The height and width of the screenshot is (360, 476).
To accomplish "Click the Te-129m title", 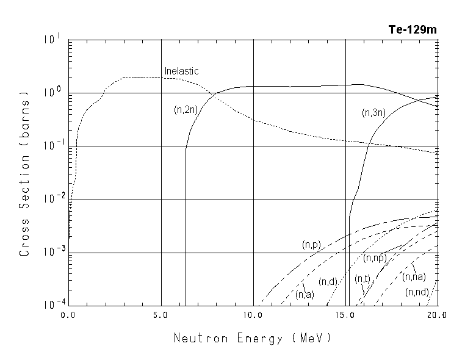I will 413,29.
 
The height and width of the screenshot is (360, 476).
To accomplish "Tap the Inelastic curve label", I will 182,71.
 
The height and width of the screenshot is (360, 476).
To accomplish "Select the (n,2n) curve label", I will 185,110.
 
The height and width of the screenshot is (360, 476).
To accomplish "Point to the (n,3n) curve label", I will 373,112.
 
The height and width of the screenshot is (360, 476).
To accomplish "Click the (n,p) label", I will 311,244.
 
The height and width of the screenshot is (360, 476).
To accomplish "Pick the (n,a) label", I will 305,295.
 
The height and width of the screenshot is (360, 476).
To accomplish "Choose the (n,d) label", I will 328,281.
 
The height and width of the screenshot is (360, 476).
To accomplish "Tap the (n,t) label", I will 362,279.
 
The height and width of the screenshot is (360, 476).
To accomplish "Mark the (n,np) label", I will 375,258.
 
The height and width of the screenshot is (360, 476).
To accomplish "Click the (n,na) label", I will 414,276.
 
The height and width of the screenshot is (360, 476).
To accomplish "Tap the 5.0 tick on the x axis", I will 161,315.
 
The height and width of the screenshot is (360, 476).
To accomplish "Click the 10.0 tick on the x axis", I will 253,315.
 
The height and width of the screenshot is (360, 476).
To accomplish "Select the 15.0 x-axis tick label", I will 345,315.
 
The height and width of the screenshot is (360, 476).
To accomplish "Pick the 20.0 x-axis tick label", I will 437,315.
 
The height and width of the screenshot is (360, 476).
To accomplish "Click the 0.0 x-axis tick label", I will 68,315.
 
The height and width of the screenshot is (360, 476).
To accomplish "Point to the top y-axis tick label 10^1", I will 52,40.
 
